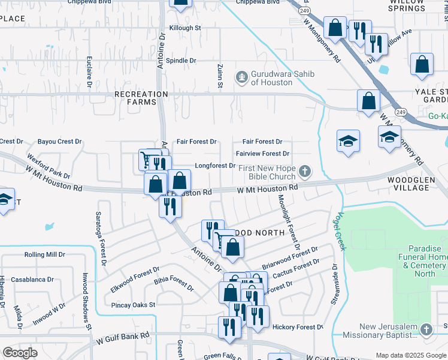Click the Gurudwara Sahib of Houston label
276,78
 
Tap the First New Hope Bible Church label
268,172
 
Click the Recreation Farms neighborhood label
141,98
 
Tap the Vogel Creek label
340,231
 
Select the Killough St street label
184,28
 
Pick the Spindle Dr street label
181,61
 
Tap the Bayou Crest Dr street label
59,142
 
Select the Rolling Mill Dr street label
44,254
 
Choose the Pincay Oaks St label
133,305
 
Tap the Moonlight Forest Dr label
295,221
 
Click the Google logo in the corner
20,353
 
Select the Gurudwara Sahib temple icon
241,77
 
